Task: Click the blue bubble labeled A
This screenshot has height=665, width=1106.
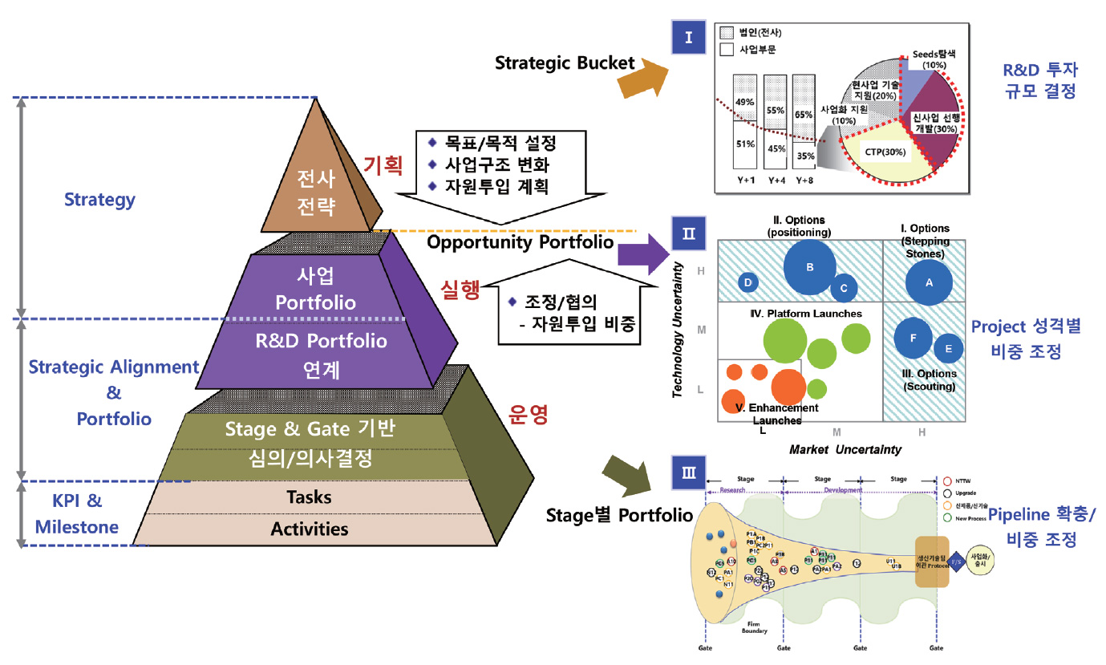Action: pos(930,282)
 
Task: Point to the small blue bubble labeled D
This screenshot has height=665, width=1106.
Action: pos(748,282)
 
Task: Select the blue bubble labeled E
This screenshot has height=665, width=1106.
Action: pos(949,349)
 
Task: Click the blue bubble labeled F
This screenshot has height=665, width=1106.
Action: pos(914,339)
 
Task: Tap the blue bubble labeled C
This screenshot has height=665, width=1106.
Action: pos(844,287)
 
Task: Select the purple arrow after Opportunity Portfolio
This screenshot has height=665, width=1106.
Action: pos(643,255)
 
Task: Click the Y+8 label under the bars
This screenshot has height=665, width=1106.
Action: pos(804,180)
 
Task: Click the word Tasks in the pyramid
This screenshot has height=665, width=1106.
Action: pos(309,497)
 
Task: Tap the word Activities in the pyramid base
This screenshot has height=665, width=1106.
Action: pos(310,529)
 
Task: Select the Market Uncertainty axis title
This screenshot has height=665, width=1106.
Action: pos(845,449)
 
